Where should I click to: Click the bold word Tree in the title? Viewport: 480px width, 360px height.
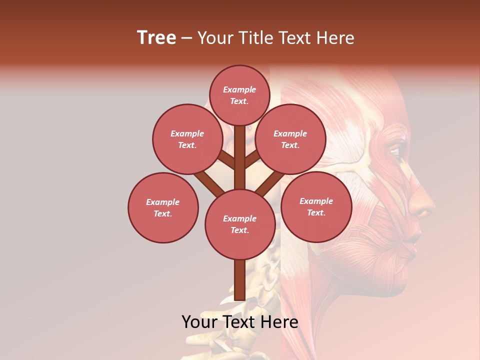tap(156, 37)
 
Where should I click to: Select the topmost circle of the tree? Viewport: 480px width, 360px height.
tap(239, 95)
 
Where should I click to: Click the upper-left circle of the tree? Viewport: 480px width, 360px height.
tap(187, 139)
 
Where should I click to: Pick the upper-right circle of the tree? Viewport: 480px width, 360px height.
tap(290, 139)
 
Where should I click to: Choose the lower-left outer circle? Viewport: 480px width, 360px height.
tap(163, 207)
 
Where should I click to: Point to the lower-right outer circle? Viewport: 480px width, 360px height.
tap(316, 206)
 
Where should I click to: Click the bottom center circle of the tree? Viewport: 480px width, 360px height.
tap(239, 224)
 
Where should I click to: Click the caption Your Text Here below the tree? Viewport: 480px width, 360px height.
tap(239, 321)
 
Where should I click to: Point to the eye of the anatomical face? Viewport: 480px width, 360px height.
tap(394, 151)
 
